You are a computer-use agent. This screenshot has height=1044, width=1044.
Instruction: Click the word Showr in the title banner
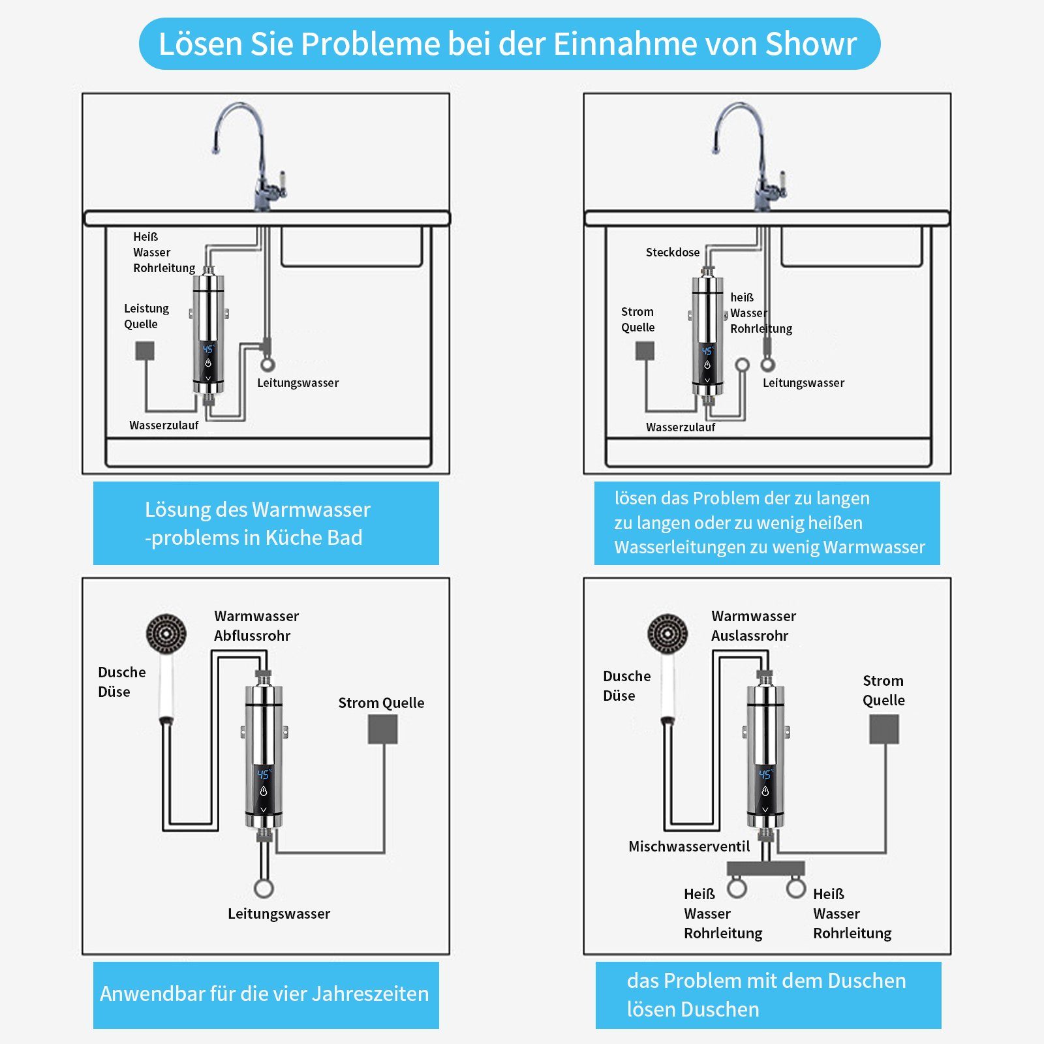click(x=810, y=44)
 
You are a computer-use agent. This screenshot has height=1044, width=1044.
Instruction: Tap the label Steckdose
click(x=673, y=253)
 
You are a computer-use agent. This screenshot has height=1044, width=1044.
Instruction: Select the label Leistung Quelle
click(x=146, y=316)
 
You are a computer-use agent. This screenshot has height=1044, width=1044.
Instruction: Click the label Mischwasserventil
click(x=689, y=846)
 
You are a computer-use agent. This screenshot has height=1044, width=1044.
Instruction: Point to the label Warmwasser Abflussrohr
click(x=256, y=626)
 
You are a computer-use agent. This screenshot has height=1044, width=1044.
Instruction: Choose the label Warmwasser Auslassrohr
click(x=754, y=626)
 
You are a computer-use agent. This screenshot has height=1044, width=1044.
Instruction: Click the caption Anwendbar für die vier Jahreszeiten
click(x=264, y=994)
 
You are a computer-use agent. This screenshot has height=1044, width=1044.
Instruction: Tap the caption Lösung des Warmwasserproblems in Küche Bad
click(x=258, y=523)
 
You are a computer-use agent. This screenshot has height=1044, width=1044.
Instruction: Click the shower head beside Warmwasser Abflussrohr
click(x=166, y=666)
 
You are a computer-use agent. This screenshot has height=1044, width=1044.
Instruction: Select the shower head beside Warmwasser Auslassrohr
click(x=668, y=666)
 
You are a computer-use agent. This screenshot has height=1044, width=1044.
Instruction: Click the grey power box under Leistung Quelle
click(x=145, y=351)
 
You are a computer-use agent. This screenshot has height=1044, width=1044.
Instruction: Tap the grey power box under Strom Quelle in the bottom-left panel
click(x=383, y=729)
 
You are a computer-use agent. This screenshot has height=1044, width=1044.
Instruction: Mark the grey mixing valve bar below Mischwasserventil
click(x=766, y=868)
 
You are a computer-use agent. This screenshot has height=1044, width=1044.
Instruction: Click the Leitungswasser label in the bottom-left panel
click(x=279, y=913)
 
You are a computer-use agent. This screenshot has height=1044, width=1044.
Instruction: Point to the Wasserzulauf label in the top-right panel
click(x=681, y=427)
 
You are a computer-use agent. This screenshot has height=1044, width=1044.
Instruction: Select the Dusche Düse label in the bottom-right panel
click(x=626, y=686)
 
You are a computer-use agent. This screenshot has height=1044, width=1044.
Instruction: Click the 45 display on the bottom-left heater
click(x=263, y=775)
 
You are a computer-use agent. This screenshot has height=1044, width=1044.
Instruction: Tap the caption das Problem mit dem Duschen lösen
click(x=766, y=995)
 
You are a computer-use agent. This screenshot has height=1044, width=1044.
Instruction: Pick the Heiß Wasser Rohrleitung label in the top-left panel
click(x=164, y=253)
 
